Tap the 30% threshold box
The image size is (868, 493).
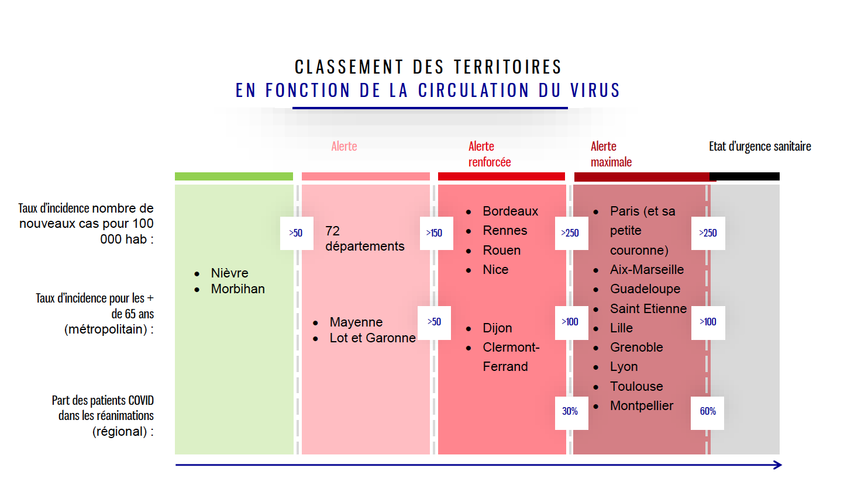pyautogui.click(x=571, y=413)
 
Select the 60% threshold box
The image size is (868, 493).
pyautogui.click(x=707, y=413)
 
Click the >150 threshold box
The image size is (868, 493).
pyautogui.click(x=436, y=233)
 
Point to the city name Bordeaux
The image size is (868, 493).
pyautogui.click(x=510, y=211)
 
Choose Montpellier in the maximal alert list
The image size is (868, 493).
pyautogui.click(x=641, y=405)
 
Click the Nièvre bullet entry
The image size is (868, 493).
pyautogui.click(x=229, y=273)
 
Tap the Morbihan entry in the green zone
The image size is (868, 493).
pyautogui.click(x=237, y=289)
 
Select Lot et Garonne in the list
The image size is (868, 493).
pyautogui.click(x=373, y=338)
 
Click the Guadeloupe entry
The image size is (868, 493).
pyautogui.click(x=645, y=289)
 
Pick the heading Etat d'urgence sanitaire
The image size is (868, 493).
pyautogui.click(x=760, y=146)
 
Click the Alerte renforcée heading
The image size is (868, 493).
pyautogui.click(x=490, y=154)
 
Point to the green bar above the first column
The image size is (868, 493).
pyautogui.click(x=233, y=176)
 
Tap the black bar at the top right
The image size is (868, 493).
pyautogui.click(x=745, y=176)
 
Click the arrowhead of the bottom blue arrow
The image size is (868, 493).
pyautogui.click(x=778, y=465)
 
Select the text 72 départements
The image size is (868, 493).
pyautogui.click(x=364, y=238)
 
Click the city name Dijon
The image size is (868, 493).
pyautogui.click(x=497, y=328)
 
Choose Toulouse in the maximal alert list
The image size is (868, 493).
pyautogui.click(x=636, y=386)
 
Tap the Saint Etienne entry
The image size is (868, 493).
pyautogui.click(x=648, y=308)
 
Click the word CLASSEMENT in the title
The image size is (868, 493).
pyautogui.click(x=349, y=67)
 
